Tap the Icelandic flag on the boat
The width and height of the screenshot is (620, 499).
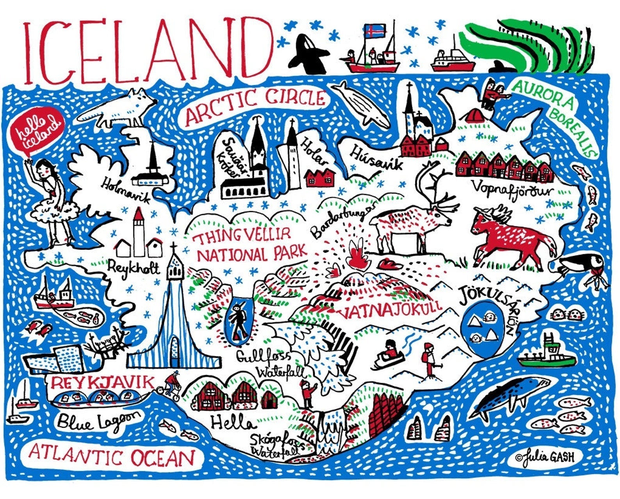374,30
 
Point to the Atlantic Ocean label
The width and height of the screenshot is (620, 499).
111,456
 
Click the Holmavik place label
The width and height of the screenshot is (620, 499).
126,190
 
